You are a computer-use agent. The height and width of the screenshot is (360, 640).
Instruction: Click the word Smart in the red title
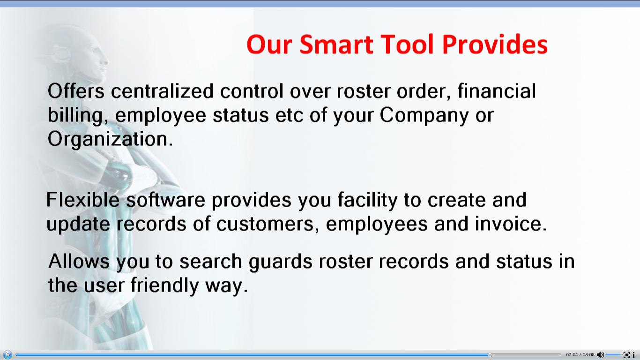pyautogui.click(x=336, y=45)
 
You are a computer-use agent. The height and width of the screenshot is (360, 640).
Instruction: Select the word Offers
pyautogui.click(x=76, y=91)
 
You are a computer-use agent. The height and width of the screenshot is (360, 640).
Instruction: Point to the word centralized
pyautogui.click(x=162, y=91)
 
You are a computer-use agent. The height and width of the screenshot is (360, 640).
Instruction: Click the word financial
pyautogui.click(x=497, y=91)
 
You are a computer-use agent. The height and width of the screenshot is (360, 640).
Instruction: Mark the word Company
pyautogui.click(x=424, y=116)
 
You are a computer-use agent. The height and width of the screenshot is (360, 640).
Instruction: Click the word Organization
pyautogui.click(x=110, y=140)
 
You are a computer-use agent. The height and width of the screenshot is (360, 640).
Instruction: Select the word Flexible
pyautogui.click(x=83, y=200)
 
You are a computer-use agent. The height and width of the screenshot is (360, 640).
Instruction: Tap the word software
pyautogui.click(x=166, y=200)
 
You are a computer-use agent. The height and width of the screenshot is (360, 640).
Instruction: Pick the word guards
pyautogui.click(x=281, y=262)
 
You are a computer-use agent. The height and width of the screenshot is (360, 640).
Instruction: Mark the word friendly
pyautogui.click(x=164, y=286)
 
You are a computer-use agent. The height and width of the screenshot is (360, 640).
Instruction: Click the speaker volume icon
pyautogui.click(x=600, y=355)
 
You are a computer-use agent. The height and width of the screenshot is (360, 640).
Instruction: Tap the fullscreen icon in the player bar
pyautogui.click(x=626, y=355)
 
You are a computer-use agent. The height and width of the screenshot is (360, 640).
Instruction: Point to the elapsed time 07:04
pyautogui.click(x=572, y=355)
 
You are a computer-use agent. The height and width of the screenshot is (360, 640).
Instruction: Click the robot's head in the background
pyautogui.click(x=83, y=54)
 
